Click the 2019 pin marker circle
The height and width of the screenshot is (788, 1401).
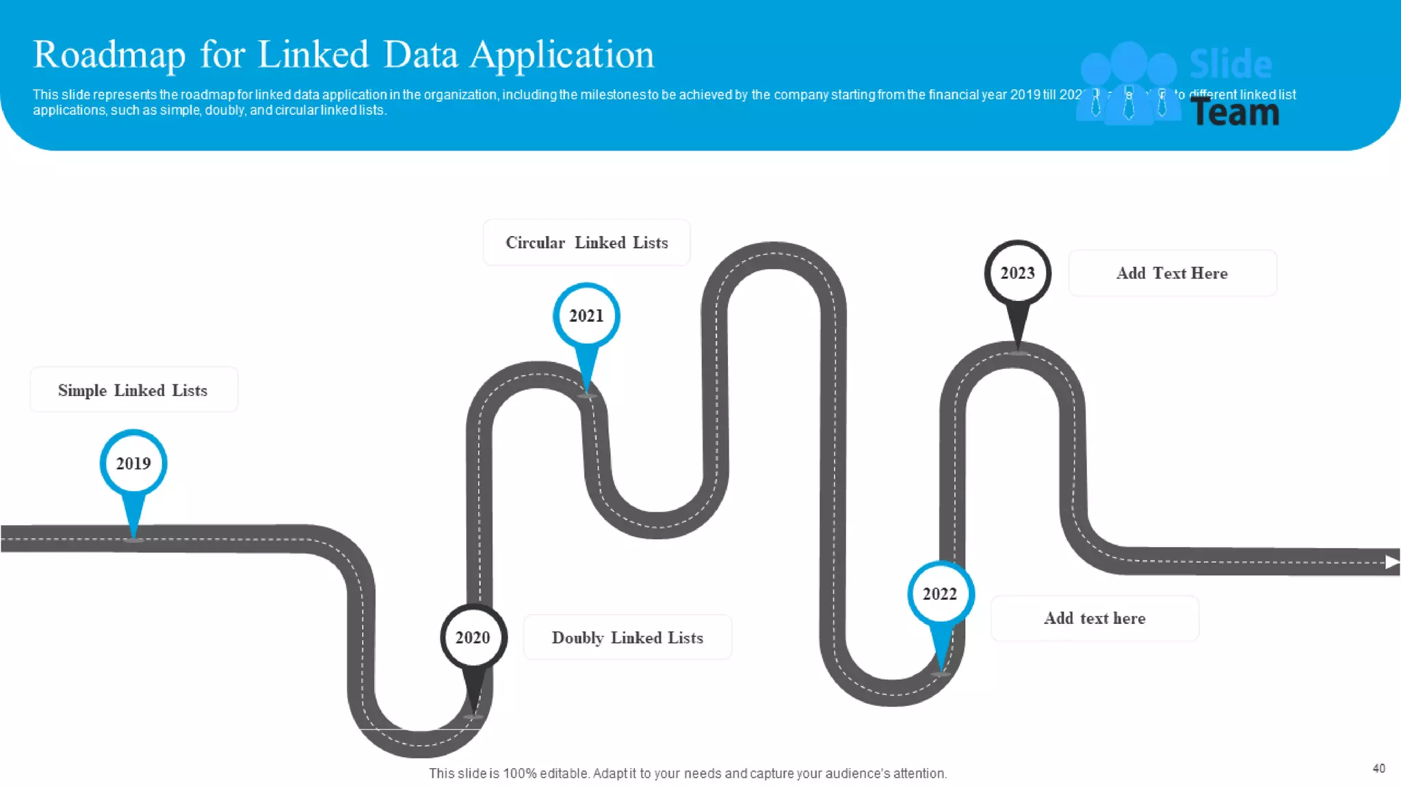pyautogui.click(x=133, y=463)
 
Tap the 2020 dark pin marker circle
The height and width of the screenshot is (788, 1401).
pyautogui.click(x=473, y=638)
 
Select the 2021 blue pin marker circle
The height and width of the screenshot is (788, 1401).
pyautogui.click(x=586, y=316)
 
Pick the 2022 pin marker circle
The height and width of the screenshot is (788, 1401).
pyautogui.click(x=941, y=594)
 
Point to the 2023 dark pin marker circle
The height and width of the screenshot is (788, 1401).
pyautogui.click(x=1018, y=273)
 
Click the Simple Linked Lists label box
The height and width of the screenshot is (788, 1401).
pyautogui.click(x=133, y=390)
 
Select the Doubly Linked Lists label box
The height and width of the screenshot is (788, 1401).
pyautogui.click(x=627, y=638)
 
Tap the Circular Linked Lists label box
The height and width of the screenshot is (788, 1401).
pyautogui.click(x=586, y=243)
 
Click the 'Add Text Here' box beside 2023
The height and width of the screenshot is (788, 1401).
pyautogui.click(x=1172, y=273)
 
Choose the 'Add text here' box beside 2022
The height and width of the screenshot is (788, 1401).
pyautogui.click(x=1095, y=618)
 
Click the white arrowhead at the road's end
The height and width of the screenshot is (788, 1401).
pyautogui.click(x=1392, y=562)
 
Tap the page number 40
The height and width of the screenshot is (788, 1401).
pyautogui.click(x=1378, y=768)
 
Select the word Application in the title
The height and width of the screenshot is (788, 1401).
pyautogui.click(x=562, y=55)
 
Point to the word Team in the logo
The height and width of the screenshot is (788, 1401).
pyautogui.click(x=1235, y=112)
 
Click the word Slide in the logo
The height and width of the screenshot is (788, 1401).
pyautogui.click(x=1231, y=64)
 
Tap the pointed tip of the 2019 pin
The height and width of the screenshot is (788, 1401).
pyautogui.click(x=133, y=538)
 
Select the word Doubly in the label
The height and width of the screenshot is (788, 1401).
pyautogui.click(x=577, y=638)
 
